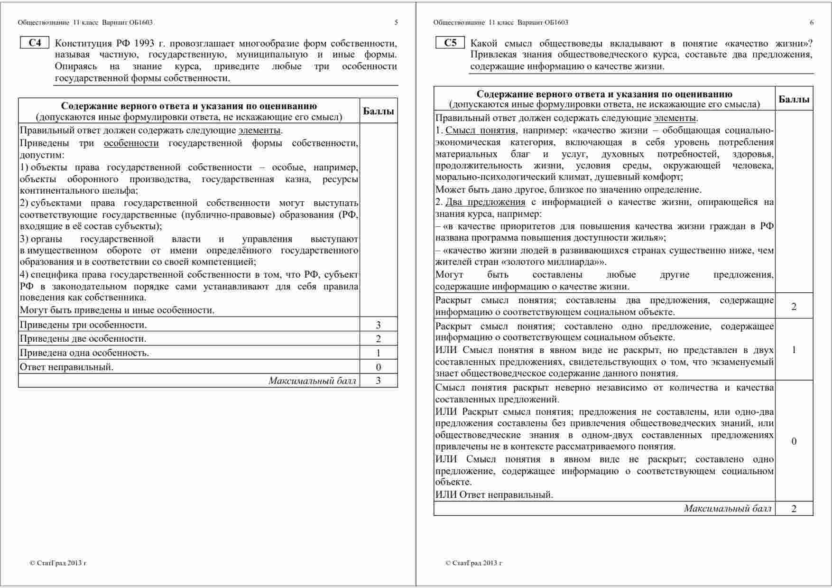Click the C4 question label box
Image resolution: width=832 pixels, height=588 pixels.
(x=35, y=43)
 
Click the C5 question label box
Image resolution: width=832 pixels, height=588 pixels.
(x=450, y=43)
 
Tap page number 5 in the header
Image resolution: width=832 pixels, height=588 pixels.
(x=396, y=22)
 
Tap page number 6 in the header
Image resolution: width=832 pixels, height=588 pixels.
(x=812, y=22)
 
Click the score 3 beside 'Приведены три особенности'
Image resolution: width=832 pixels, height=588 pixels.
(x=378, y=325)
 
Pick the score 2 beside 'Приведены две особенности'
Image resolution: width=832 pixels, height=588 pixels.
(x=378, y=339)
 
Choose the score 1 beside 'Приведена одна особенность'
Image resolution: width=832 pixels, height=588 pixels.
(x=378, y=353)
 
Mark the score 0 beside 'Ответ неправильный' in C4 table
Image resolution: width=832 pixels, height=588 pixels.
(x=378, y=367)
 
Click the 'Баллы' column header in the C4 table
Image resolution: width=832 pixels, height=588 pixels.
(x=378, y=112)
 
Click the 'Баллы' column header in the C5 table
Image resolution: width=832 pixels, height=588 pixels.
(x=794, y=99)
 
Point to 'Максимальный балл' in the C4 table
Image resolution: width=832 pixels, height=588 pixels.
(x=312, y=381)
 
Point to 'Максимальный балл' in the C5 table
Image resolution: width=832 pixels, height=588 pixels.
(x=728, y=509)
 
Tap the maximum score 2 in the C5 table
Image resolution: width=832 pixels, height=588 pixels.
(x=794, y=509)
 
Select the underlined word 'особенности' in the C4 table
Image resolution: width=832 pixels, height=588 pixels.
(x=131, y=143)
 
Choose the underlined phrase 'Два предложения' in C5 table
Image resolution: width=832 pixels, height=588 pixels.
(x=485, y=202)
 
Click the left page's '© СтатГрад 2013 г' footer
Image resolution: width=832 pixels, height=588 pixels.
(x=58, y=563)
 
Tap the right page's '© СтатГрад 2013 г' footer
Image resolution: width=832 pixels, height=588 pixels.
(x=473, y=563)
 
